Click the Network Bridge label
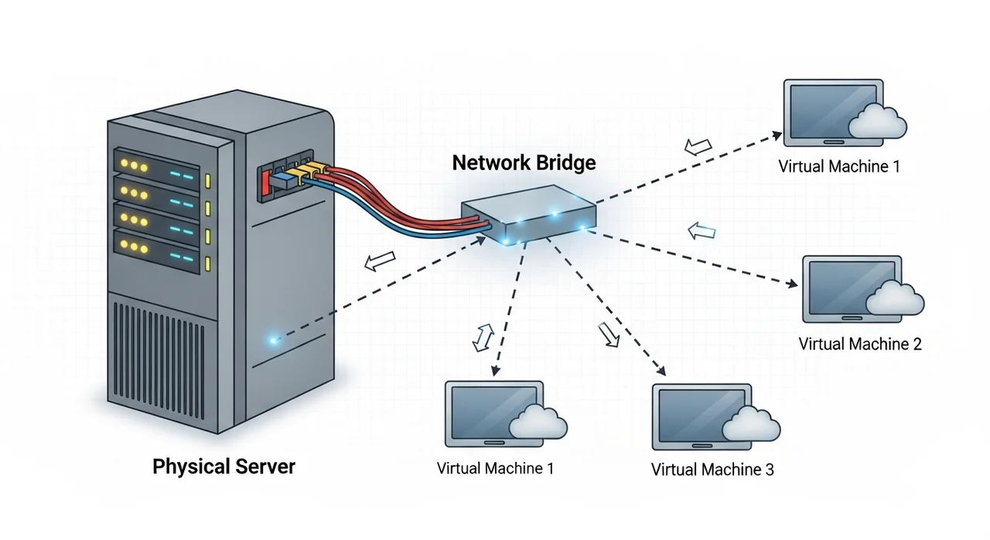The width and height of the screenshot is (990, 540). [524, 162]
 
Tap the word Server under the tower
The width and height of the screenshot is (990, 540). [265, 467]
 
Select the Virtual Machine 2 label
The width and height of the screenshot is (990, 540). [860, 343]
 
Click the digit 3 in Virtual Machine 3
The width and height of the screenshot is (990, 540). [770, 470]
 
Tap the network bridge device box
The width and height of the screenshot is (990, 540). [528, 214]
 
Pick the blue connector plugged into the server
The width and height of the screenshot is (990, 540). [282, 179]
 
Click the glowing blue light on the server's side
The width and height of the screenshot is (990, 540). [273, 340]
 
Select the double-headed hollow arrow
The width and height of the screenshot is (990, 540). [483, 337]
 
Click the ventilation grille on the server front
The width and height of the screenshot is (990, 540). [159, 361]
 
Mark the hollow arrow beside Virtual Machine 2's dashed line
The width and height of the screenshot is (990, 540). [702, 231]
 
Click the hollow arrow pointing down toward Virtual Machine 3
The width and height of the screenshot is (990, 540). [609, 334]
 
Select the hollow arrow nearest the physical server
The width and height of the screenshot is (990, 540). [380, 261]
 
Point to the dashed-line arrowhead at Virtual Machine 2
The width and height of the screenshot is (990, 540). [793, 284]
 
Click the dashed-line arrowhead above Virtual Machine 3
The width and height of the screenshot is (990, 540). [661, 371]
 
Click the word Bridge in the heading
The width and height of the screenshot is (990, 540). [566, 163]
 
